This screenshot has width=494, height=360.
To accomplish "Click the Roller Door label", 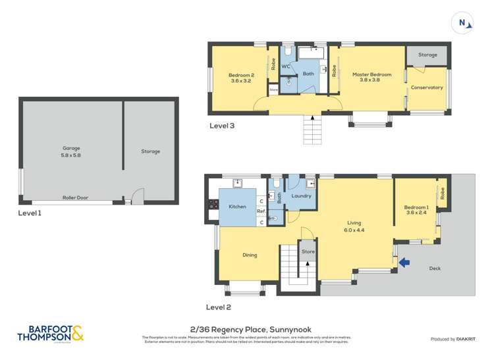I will (76, 197).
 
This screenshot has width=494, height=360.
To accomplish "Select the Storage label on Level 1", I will (150, 151).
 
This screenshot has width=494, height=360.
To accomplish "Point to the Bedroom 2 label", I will (241, 78).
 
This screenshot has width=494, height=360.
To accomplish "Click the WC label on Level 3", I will (287, 67).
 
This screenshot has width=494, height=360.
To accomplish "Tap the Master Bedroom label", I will (371, 78).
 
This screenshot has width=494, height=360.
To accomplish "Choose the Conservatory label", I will (427, 88).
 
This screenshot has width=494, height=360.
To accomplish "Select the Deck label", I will (435, 268).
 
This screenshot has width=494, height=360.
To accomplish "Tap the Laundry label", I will (301, 196).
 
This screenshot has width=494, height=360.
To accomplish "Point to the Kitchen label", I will (237, 207).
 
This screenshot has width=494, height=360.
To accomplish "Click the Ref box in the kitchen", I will (261, 211).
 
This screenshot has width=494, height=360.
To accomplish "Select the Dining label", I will (249, 255).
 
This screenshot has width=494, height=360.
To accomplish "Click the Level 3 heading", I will (221, 125).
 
